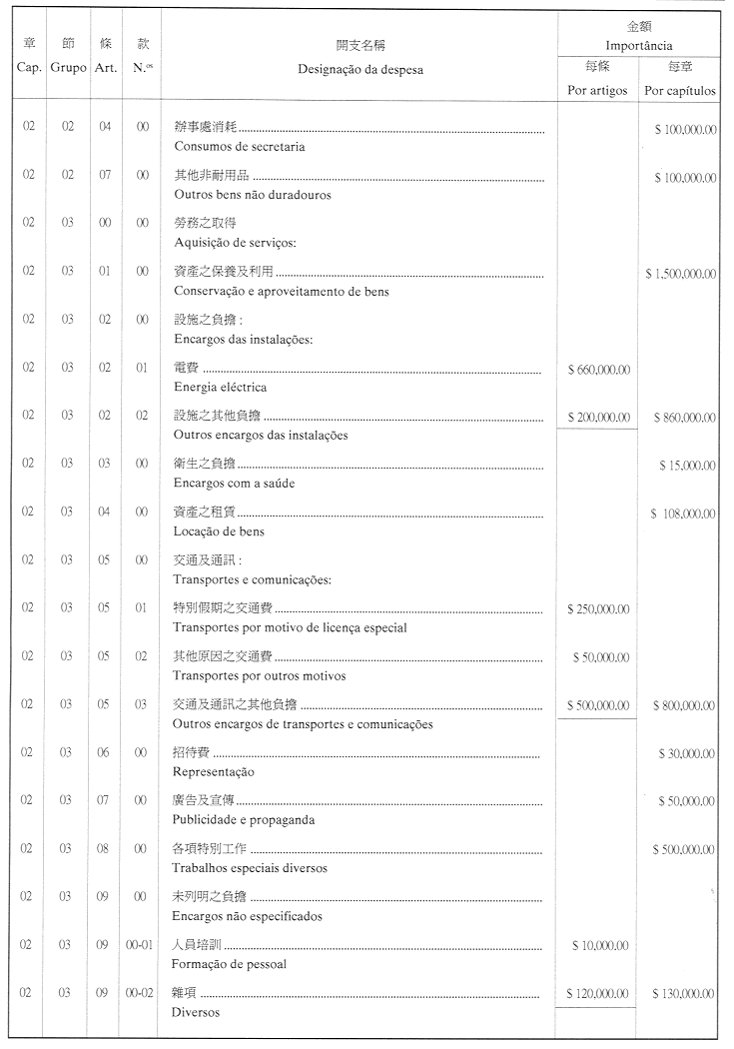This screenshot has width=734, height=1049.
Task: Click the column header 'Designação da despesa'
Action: [x=360, y=69]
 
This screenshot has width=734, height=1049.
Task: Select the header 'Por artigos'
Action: [x=597, y=90]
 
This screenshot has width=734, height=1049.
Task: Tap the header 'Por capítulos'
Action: [x=680, y=90]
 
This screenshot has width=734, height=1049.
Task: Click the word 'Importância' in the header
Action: [x=639, y=46]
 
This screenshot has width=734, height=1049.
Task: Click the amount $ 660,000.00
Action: [x=598, y=370]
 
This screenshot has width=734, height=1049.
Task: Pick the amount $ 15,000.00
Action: [x=687, y=466]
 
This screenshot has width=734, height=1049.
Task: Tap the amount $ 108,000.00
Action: [x=683, y=514]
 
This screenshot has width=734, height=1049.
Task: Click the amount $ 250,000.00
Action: [x=598, y=609]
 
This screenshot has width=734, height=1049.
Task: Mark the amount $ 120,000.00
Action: [x=598, y=993]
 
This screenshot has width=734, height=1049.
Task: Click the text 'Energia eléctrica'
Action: [x=220, y=387]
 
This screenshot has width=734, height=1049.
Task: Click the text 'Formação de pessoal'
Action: [x=230, y=963]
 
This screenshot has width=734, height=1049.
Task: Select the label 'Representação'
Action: [x=214, y=771]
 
